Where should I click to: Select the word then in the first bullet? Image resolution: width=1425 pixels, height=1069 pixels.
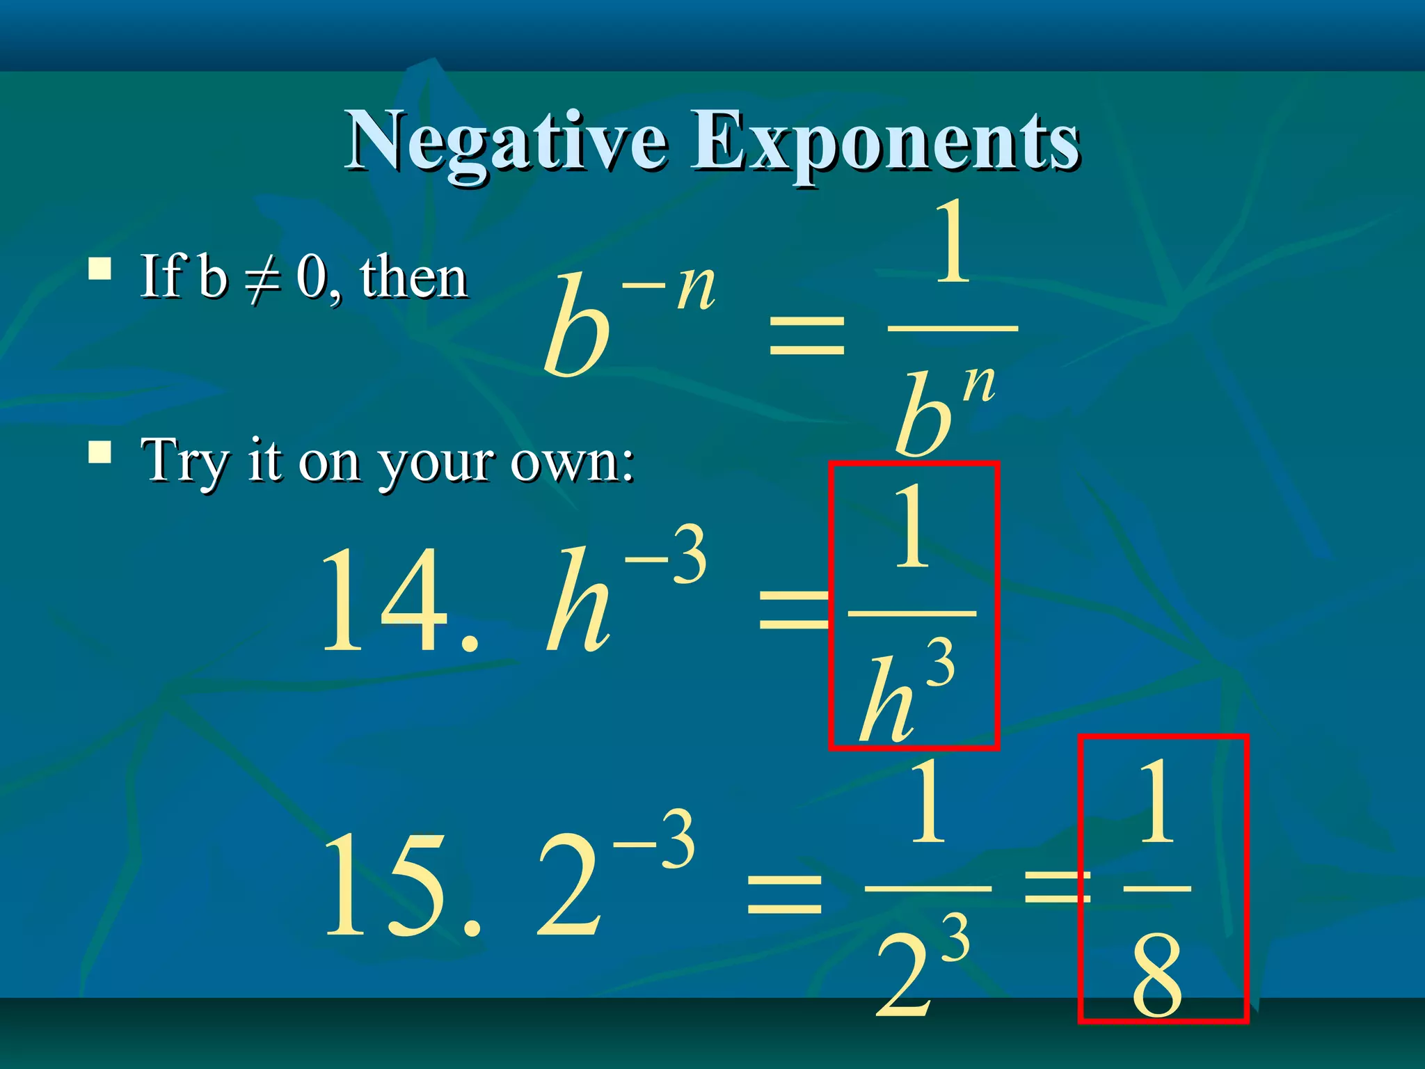coord(413,278)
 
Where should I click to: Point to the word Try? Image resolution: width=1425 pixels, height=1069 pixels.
coord(185,461)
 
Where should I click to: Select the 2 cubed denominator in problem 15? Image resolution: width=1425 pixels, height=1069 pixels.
coord(918,967)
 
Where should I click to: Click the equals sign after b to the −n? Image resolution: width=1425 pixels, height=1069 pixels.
coord(807,334)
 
